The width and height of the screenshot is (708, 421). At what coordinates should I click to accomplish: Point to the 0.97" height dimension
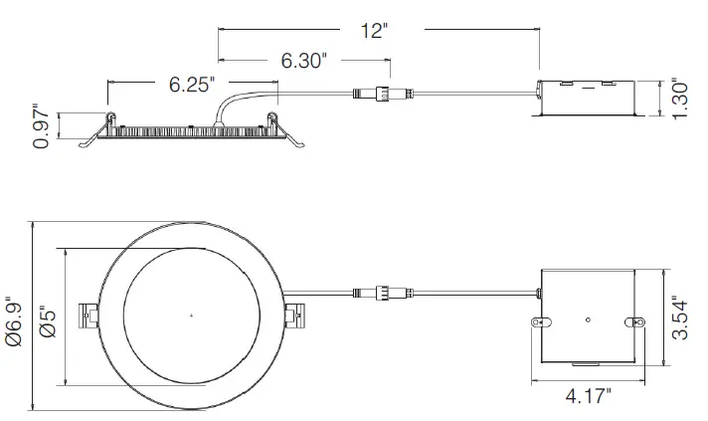point(42,126)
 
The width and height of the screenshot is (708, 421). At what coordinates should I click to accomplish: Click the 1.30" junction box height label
point(680,100)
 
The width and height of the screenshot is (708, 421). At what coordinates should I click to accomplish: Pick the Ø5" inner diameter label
point(47,316)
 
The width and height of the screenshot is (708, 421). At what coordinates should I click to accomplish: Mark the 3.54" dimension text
point(680,319)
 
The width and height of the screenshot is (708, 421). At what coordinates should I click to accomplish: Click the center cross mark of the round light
point(191,316)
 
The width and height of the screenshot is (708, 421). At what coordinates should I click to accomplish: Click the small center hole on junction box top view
point(589,318)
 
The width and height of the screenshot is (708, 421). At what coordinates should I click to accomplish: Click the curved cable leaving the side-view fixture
point(239,102)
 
